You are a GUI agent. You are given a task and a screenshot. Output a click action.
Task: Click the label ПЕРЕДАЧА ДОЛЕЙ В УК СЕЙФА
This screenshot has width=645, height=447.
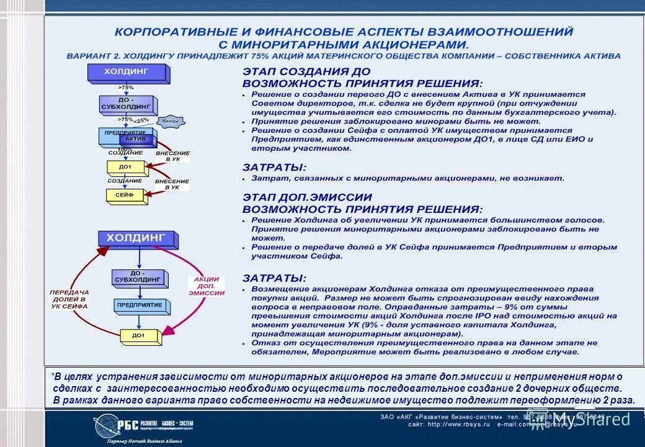pos(69,299)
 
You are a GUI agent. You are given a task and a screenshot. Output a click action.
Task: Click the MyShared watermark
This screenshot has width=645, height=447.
pos(585,420)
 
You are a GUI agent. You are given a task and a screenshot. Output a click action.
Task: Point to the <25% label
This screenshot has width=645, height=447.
pos(142,120)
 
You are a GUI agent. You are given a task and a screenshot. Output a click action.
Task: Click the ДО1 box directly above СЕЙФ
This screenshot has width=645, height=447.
pos(125,167)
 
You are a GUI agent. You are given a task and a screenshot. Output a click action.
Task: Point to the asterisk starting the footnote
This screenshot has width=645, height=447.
pos(53,376)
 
